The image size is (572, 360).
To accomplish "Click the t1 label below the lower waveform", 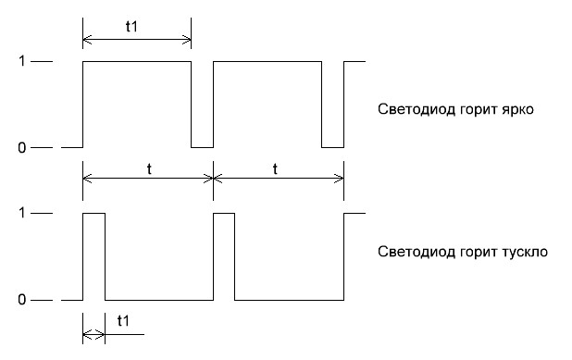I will pos(123,320).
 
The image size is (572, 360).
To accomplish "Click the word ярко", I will pos(521,109).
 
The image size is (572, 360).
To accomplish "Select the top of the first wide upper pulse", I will pos(137,61).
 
